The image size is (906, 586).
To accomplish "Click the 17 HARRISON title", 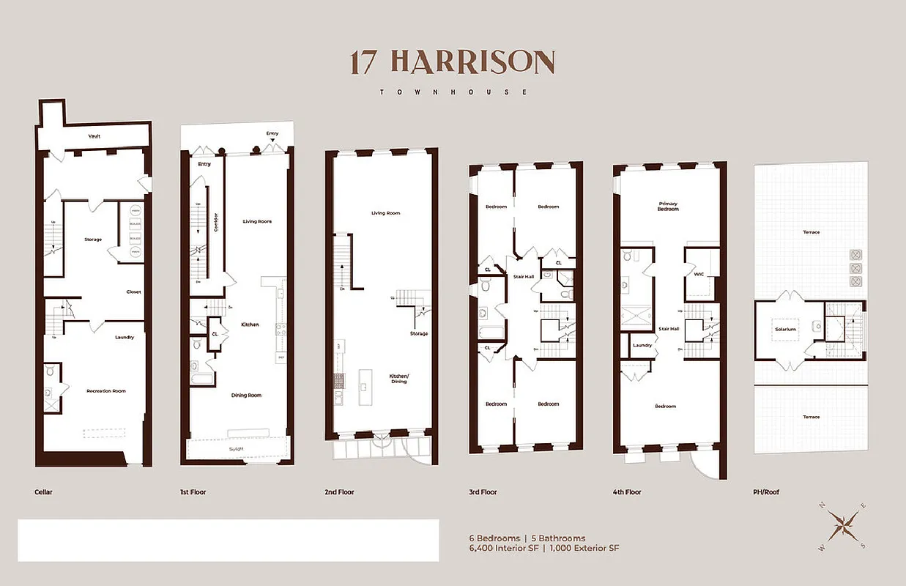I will (452, 62).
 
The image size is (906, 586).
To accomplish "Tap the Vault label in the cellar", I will (94, 136).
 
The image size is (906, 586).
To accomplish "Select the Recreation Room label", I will (105, 390).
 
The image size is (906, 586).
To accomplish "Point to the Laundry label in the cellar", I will (125, 337).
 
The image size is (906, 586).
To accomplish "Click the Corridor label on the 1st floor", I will (215, 223).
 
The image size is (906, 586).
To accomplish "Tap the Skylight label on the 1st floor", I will (236, 448).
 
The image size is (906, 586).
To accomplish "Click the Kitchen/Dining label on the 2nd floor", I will (398, 379).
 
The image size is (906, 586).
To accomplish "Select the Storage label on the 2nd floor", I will (419, 333).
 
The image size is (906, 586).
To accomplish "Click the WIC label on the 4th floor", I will (698, 275).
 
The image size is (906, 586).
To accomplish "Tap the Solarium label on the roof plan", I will (785, 329).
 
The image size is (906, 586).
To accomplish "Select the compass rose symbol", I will (842, 525).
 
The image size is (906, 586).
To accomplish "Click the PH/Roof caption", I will (767, 492).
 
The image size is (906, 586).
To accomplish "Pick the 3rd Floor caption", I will (483, 492).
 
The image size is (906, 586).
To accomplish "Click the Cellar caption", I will (43, 492).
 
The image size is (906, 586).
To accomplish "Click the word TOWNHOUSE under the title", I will (452, 92).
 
